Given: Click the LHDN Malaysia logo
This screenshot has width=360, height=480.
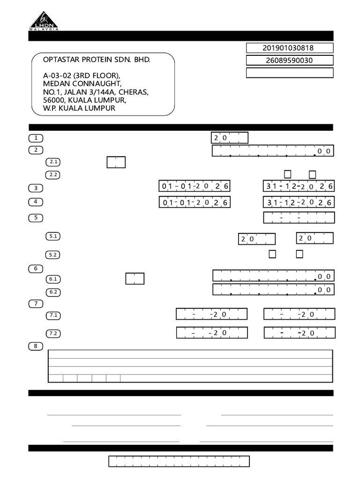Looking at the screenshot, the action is pyautogui.click(x=44, y=21).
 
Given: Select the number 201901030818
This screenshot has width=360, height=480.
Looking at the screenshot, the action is pyautogui.click(x=289, y=48).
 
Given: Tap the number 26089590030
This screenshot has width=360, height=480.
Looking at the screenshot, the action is pyautogui.click(x=289, y=60).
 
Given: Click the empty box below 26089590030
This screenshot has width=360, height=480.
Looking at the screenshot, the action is pyautogui.click(x=289, y=73).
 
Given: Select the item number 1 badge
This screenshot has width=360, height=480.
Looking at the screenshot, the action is pyautogui.click(x=36, y=138).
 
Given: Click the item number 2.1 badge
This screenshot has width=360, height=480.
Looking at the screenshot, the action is pyautogui.click(x=53, y=162).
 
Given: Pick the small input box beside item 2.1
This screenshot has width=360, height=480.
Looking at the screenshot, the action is pyautogui.click(x=116, y=162).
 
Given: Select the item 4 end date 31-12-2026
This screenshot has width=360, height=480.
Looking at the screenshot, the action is pyautogui.click(x=299, y=202).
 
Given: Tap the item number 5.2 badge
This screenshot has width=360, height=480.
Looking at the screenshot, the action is pyautogui.click(x=53, y=255).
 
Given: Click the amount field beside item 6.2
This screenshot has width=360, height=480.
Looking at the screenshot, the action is pyautogui.click(x=273, y=290).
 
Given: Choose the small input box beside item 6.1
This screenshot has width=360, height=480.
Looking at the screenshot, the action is pyautogui.click(x=135, y=278).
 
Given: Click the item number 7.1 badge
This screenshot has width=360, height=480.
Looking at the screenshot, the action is pyautogui.click(x=53, y=315).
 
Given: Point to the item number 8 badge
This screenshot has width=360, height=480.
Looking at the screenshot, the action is pyautogui.click(x=36, y=346).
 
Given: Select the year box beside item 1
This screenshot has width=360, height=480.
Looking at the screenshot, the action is pyautogui.click(x=229, y=138).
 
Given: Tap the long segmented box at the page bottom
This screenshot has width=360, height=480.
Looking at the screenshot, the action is pyautogui.click(x=179, y=461).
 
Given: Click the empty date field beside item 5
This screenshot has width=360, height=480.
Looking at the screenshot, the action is pyautogui.click(x=299, y=217).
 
